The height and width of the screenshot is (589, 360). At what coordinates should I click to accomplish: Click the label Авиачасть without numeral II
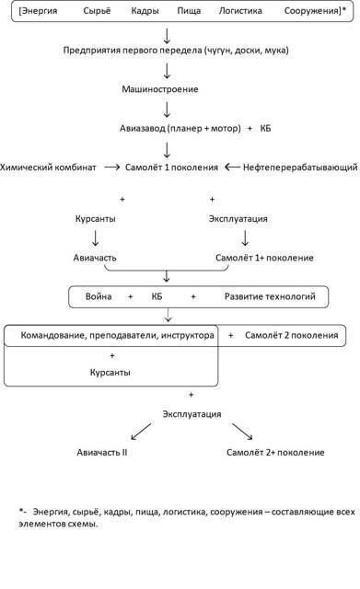point(97,258)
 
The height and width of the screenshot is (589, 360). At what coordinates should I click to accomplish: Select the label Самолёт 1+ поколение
point(264,258)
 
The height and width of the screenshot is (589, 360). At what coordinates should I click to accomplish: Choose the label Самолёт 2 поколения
point(292,336)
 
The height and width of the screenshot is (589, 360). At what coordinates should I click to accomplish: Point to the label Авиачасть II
point(101,453)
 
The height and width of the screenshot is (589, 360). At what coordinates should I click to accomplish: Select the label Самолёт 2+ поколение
point(274,453)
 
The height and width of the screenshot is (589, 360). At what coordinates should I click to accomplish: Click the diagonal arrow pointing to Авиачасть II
point(140,431)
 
